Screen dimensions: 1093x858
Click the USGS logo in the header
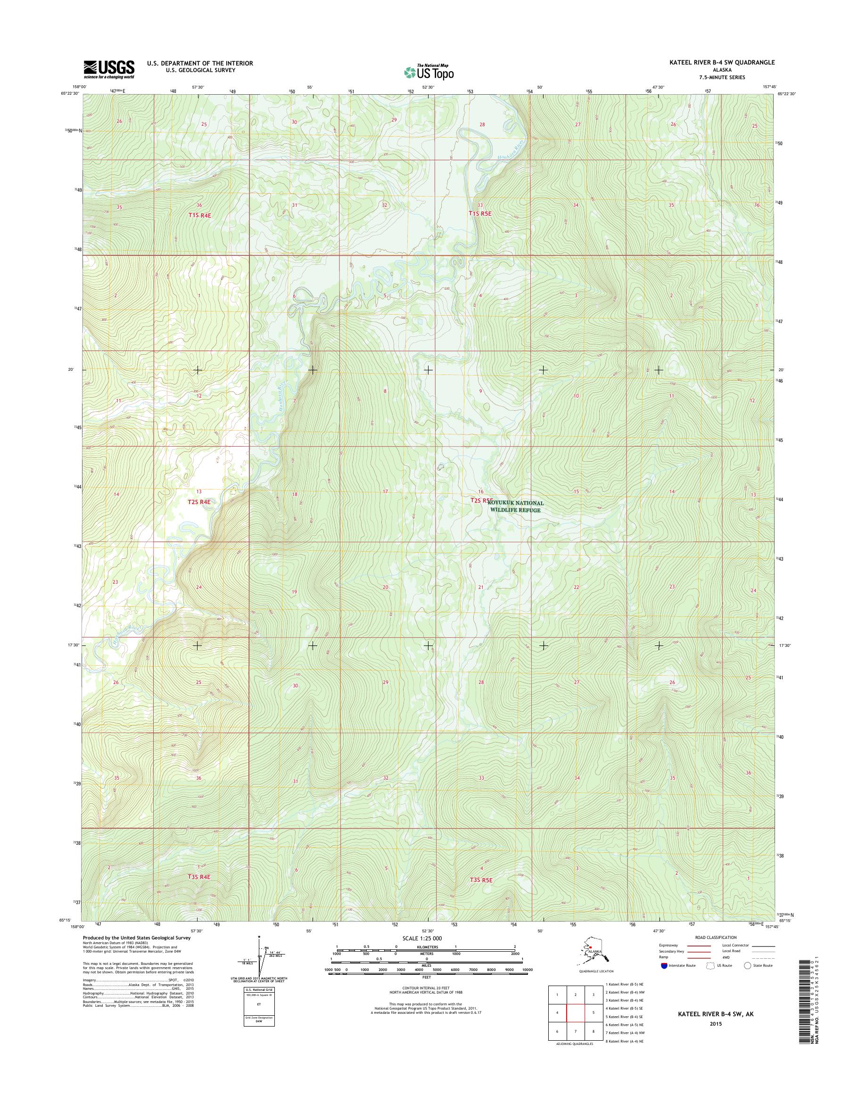(x=109, y=69)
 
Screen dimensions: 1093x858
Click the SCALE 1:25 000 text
(x=422, y=938)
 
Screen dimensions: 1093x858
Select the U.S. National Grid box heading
(x=259, y=988)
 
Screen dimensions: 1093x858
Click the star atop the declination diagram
(x=259, y=937)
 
